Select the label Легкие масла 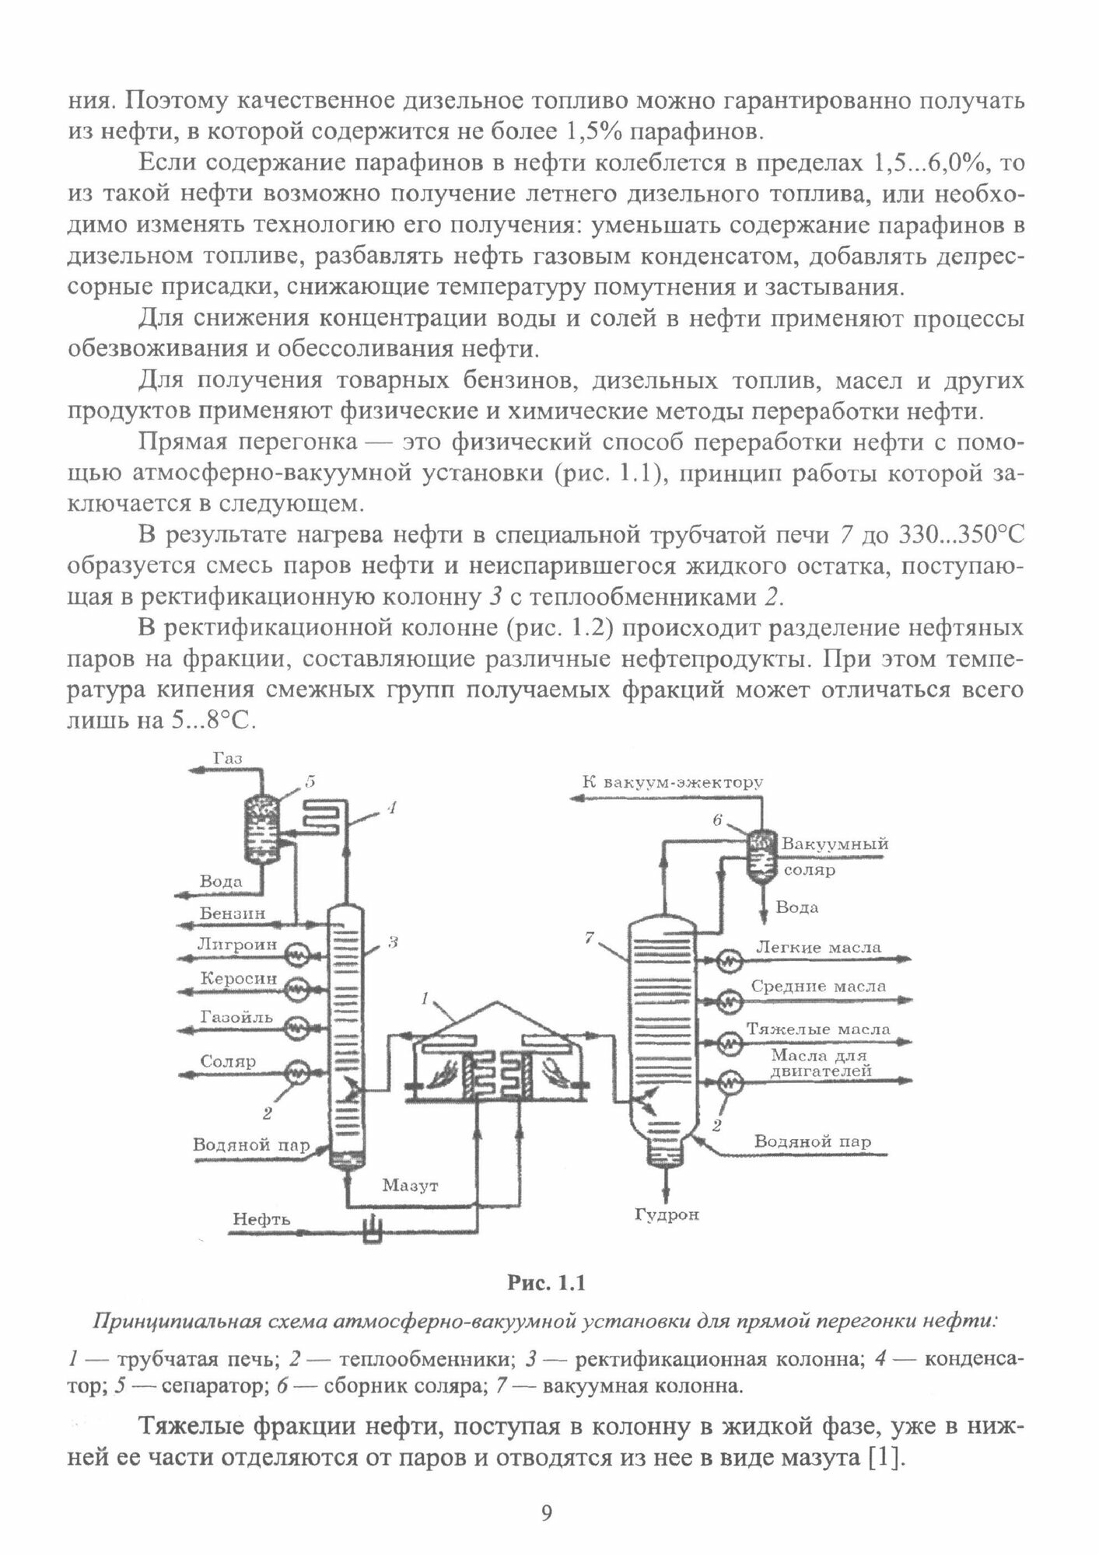[x=818, y=948]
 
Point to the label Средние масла [x=818, y=986]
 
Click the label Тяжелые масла [x=818, y=1028]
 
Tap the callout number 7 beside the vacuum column [x=591, y=939]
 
